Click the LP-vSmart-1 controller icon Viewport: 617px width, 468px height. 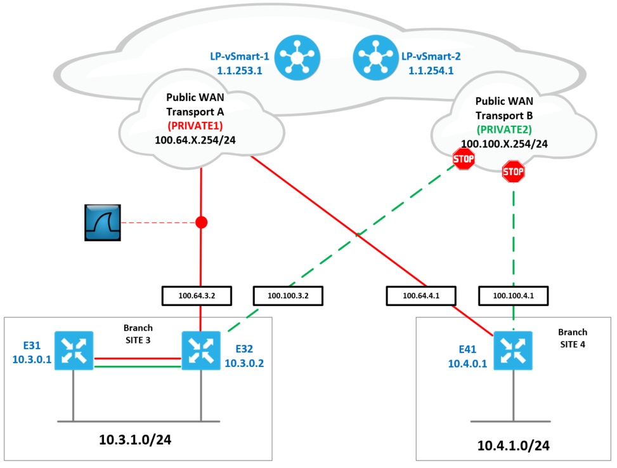click(296, 55)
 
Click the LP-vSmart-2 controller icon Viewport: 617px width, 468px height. click(373, 55)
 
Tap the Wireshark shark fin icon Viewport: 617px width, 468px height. click(103, 223)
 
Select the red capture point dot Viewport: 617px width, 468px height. click(201, 223)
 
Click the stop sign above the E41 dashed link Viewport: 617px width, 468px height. click(513, 171)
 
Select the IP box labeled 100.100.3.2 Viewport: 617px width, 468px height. click(289, 295)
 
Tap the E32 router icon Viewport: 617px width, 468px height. click(201, 350)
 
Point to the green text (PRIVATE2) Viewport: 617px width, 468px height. click(503, 130)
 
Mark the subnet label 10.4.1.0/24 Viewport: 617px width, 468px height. click(514, 446)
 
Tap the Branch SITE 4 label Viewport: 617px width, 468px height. click(572, 337)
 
